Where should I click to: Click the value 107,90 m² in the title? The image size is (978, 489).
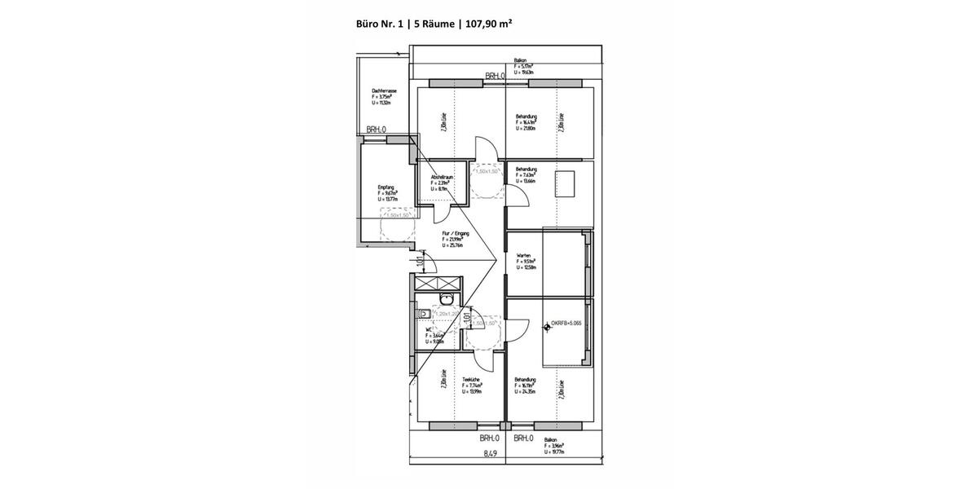(x=488, y=24)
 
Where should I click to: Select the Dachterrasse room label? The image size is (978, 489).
(x=384, y=91)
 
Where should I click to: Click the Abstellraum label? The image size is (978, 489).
(x=442, y=177)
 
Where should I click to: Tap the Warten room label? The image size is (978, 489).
(x=522, y=256)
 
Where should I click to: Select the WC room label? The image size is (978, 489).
(x=429, y=329)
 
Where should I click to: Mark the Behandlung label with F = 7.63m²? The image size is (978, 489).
(x=526, y=169)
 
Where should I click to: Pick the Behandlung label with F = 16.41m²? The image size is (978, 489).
(x=526, y=117)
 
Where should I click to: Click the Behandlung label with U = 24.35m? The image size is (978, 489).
(x=526, y=380)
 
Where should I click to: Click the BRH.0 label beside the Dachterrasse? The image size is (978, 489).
(x=376, y=130)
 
